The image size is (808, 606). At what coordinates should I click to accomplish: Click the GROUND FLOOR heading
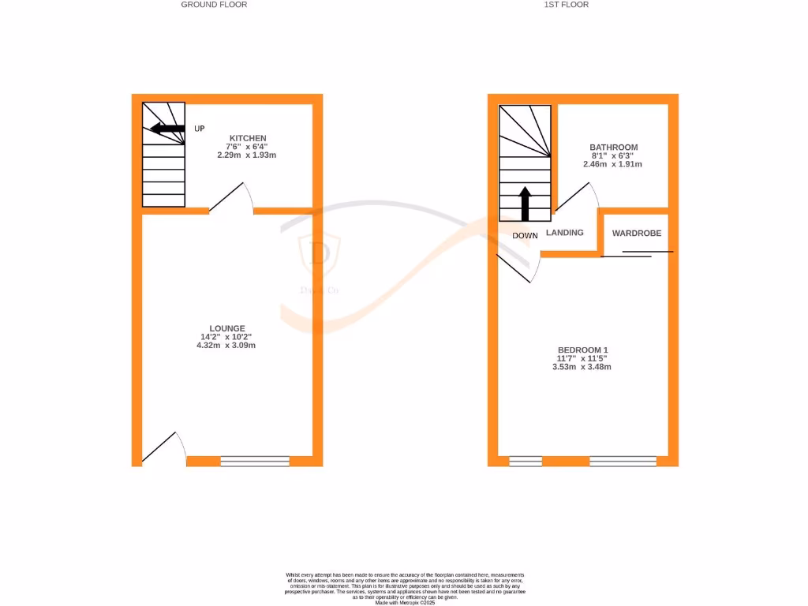point(214,5)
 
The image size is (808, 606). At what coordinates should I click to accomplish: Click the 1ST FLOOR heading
point(567,5)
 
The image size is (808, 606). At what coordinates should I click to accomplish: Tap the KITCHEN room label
point(248,138)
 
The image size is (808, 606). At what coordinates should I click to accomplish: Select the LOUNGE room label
point(227,328)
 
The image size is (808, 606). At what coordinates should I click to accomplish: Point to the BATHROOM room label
point(614,148)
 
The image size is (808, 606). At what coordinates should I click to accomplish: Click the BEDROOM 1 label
point(583,350)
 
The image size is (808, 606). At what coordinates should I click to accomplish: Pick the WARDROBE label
point(637,234)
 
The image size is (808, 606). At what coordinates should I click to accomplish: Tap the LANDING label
point(565,233)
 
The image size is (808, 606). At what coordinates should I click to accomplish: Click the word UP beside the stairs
point(200,129)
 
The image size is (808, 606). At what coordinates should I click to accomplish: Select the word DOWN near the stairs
point(525,236)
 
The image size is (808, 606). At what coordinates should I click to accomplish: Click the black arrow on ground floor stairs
point(167,129)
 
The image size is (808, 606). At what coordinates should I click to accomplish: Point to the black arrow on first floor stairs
point(526,204)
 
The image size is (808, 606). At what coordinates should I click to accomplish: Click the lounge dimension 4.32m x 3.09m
point(227,346)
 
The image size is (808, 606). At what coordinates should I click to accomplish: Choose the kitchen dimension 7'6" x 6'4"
point(247,147)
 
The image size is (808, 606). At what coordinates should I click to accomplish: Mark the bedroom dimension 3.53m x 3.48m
point(582,367)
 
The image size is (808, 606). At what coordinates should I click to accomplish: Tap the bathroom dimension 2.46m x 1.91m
point(612,164)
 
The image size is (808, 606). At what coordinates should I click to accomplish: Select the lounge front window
point(255,462)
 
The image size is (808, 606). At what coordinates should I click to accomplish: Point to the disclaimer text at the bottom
point(405,589)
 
